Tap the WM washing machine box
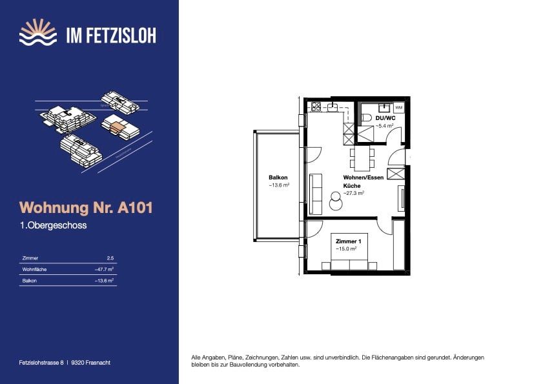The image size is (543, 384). tap(398, 107)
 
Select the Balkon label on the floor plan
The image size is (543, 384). tap(278, 177)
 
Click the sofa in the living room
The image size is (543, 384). tap(316, 190)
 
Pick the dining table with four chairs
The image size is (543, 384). tap(362, 156)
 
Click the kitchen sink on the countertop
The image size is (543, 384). tap(333, 107)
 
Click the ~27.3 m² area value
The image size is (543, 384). tap(354, 193)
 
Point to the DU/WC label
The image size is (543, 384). tap(385, 118)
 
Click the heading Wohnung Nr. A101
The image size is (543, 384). tap(86, 208)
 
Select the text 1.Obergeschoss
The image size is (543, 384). tap(53, 226)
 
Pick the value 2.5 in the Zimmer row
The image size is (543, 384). tap(110, 258)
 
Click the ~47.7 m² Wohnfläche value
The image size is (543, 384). tap(104, 269)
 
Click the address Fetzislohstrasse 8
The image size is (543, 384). tap(42, 363)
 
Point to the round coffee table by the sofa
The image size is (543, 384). tap(336, 202)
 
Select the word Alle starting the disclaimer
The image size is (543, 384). tap(197, 357)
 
